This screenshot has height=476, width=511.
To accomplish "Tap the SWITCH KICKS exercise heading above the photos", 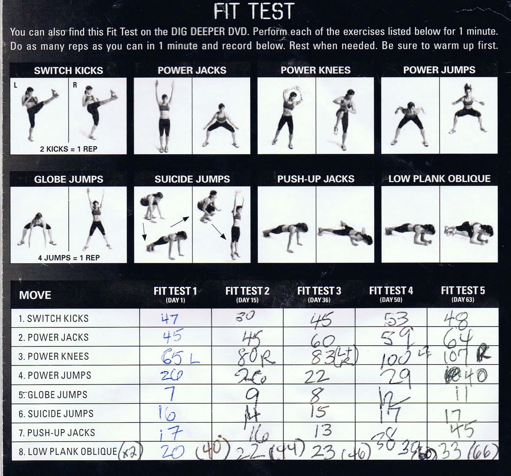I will pos(68,70).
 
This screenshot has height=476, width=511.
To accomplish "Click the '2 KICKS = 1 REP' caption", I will pos(68,149).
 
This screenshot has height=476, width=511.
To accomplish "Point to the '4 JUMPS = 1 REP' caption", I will pos(68,257).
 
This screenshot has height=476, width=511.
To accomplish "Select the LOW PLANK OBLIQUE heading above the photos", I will pos(439,179).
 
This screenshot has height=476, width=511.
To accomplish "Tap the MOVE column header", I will pos(35,295).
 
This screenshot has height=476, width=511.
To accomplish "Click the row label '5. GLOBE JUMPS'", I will pos(53,394).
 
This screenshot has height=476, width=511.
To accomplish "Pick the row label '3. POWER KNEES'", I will pos(53,356).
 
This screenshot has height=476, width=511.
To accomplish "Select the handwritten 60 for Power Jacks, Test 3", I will pos(323,341).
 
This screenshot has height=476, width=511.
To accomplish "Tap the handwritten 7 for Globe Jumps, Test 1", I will pos(171,394).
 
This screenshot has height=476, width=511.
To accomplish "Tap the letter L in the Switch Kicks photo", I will pos(15,85).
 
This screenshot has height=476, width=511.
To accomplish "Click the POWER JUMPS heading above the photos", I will pos(439,70).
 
